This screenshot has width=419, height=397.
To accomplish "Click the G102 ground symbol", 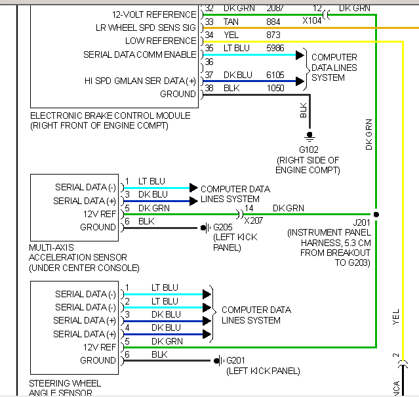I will pyautogui.click(x=309, y=136).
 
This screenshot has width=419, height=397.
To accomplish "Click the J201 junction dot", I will pyautogui.click(x=376, y=215).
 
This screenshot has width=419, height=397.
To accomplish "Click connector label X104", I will pyautogui.click(x=312, y=20).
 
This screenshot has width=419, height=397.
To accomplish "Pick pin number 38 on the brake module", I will pyautogui.click(x=209, y=87).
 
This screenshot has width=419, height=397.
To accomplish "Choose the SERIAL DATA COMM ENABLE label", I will pyautogui.click(x=140, y=54).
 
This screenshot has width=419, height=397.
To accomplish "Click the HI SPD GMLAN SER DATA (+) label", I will pyautogui.click(x=140, y=81).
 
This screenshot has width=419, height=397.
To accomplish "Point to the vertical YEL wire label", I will pyautogui.click(x=395, y=318).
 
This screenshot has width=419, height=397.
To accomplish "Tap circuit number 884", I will pyautogui.click(x=273, y=22).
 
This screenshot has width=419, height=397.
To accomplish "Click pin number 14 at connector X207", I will pyautogui.click(x=249, y=208).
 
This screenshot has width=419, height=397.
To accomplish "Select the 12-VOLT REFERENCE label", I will pyautogui.click(x=154, y=14).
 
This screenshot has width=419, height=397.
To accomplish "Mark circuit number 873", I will pyautogui.click(x=273, y=35).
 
